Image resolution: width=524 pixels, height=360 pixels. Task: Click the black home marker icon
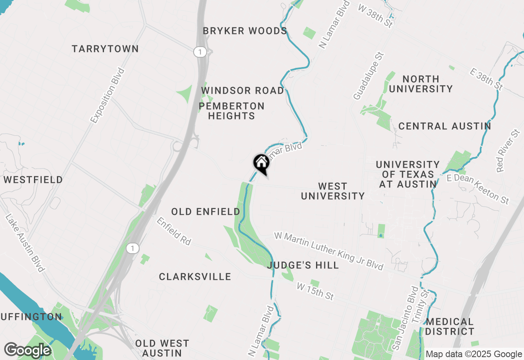coord(261,164)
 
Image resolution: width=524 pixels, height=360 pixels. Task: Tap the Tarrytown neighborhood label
coord(105,49)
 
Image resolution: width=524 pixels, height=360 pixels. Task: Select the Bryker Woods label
coord(245,31)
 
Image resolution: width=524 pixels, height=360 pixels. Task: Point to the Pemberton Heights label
coord(232,111)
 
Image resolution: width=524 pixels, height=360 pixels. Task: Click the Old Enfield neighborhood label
coord(206,211)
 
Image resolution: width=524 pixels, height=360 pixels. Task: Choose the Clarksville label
coord(195,277)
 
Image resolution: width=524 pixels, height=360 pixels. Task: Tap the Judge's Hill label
coord(303,265)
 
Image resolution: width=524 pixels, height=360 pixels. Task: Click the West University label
coord(333,191)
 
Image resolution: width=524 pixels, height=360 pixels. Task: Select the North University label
coord(420,84)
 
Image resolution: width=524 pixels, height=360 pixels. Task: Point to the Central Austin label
coord(445,126)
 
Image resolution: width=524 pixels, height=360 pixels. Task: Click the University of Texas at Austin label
coord(408,174)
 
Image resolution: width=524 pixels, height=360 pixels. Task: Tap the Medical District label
coord(449,326)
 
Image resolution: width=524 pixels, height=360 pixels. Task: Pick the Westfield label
coord(33,180)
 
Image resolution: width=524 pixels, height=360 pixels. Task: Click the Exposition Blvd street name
coord(107,95)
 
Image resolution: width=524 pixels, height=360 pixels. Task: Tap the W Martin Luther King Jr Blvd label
coord(329,251)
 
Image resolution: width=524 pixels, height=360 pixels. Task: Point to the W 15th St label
coord(316,290)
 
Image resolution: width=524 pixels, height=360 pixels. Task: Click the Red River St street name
coord(508,151)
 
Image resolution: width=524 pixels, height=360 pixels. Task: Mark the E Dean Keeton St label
coord(478,188)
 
